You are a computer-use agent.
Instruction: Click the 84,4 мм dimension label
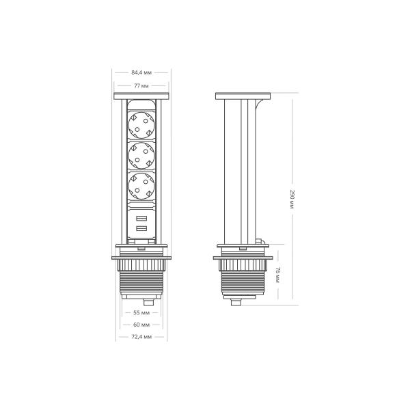pyautogui.click(x=141, y=72)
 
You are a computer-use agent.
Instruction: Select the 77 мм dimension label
pyautogui.click(x=141, y=85)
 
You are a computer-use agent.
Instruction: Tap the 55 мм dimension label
pyautogui.click(x=141, y=312)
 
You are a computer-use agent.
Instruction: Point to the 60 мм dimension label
pyautogui.click(x=141, y=325)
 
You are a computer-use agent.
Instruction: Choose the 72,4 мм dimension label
pyautogui.click(x=141, y=337)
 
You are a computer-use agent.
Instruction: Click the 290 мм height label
pyautogui.click(x=292, y=199)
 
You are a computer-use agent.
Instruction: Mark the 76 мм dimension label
pyautogui.click(x=277, y=275)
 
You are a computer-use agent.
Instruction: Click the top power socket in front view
pyautogui.click(x=141, y=125)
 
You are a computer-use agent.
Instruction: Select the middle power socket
pyautogui.click(x=141, y=156)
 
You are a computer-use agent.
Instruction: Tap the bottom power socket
pyautogui.click(x=141, y=186)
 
